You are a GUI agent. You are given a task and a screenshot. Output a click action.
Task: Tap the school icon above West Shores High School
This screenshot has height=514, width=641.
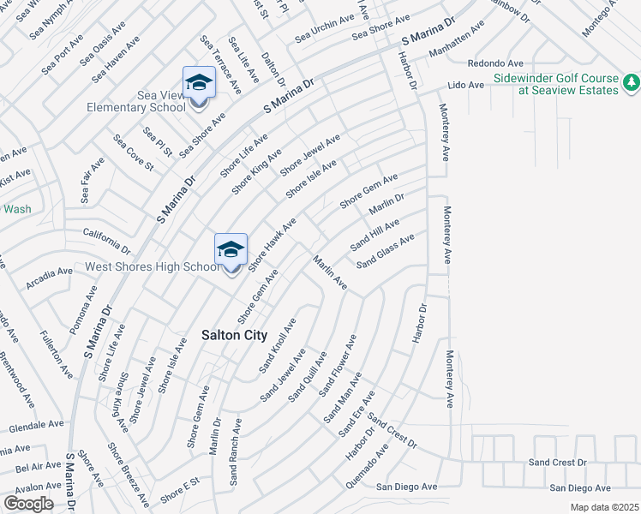pos(231,250)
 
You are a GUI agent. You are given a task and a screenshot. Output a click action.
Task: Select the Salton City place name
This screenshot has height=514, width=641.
pos(234,336)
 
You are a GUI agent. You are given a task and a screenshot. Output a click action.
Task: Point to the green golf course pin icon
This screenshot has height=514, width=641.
pos(631,82)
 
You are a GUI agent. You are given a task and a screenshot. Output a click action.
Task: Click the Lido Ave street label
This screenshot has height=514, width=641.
pos(466,86)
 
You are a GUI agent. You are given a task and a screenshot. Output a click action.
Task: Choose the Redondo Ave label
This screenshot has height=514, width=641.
pos(495,63)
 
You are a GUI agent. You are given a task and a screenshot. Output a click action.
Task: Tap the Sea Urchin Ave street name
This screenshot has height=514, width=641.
pos(324,30)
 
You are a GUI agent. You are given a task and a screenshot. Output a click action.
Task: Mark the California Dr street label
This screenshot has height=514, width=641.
pos(106,241)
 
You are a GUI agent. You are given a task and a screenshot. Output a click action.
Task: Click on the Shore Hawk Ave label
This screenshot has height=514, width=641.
pos(272,244)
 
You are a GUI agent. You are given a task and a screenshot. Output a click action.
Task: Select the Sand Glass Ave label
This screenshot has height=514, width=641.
pos(386,250)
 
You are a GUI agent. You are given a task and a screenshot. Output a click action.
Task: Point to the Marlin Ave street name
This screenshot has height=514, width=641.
pos(329,272)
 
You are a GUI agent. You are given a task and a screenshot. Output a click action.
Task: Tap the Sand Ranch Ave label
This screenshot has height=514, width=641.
pos(234,452)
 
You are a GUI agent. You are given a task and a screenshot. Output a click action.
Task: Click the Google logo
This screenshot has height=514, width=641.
pos(29,503)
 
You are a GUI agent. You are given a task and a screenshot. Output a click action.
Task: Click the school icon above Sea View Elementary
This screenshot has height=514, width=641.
pos(199,83)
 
